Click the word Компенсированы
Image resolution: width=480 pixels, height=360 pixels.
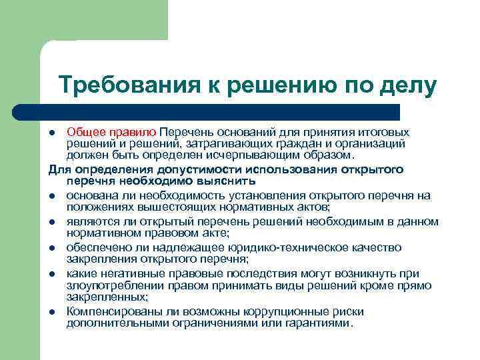point(110,311)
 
